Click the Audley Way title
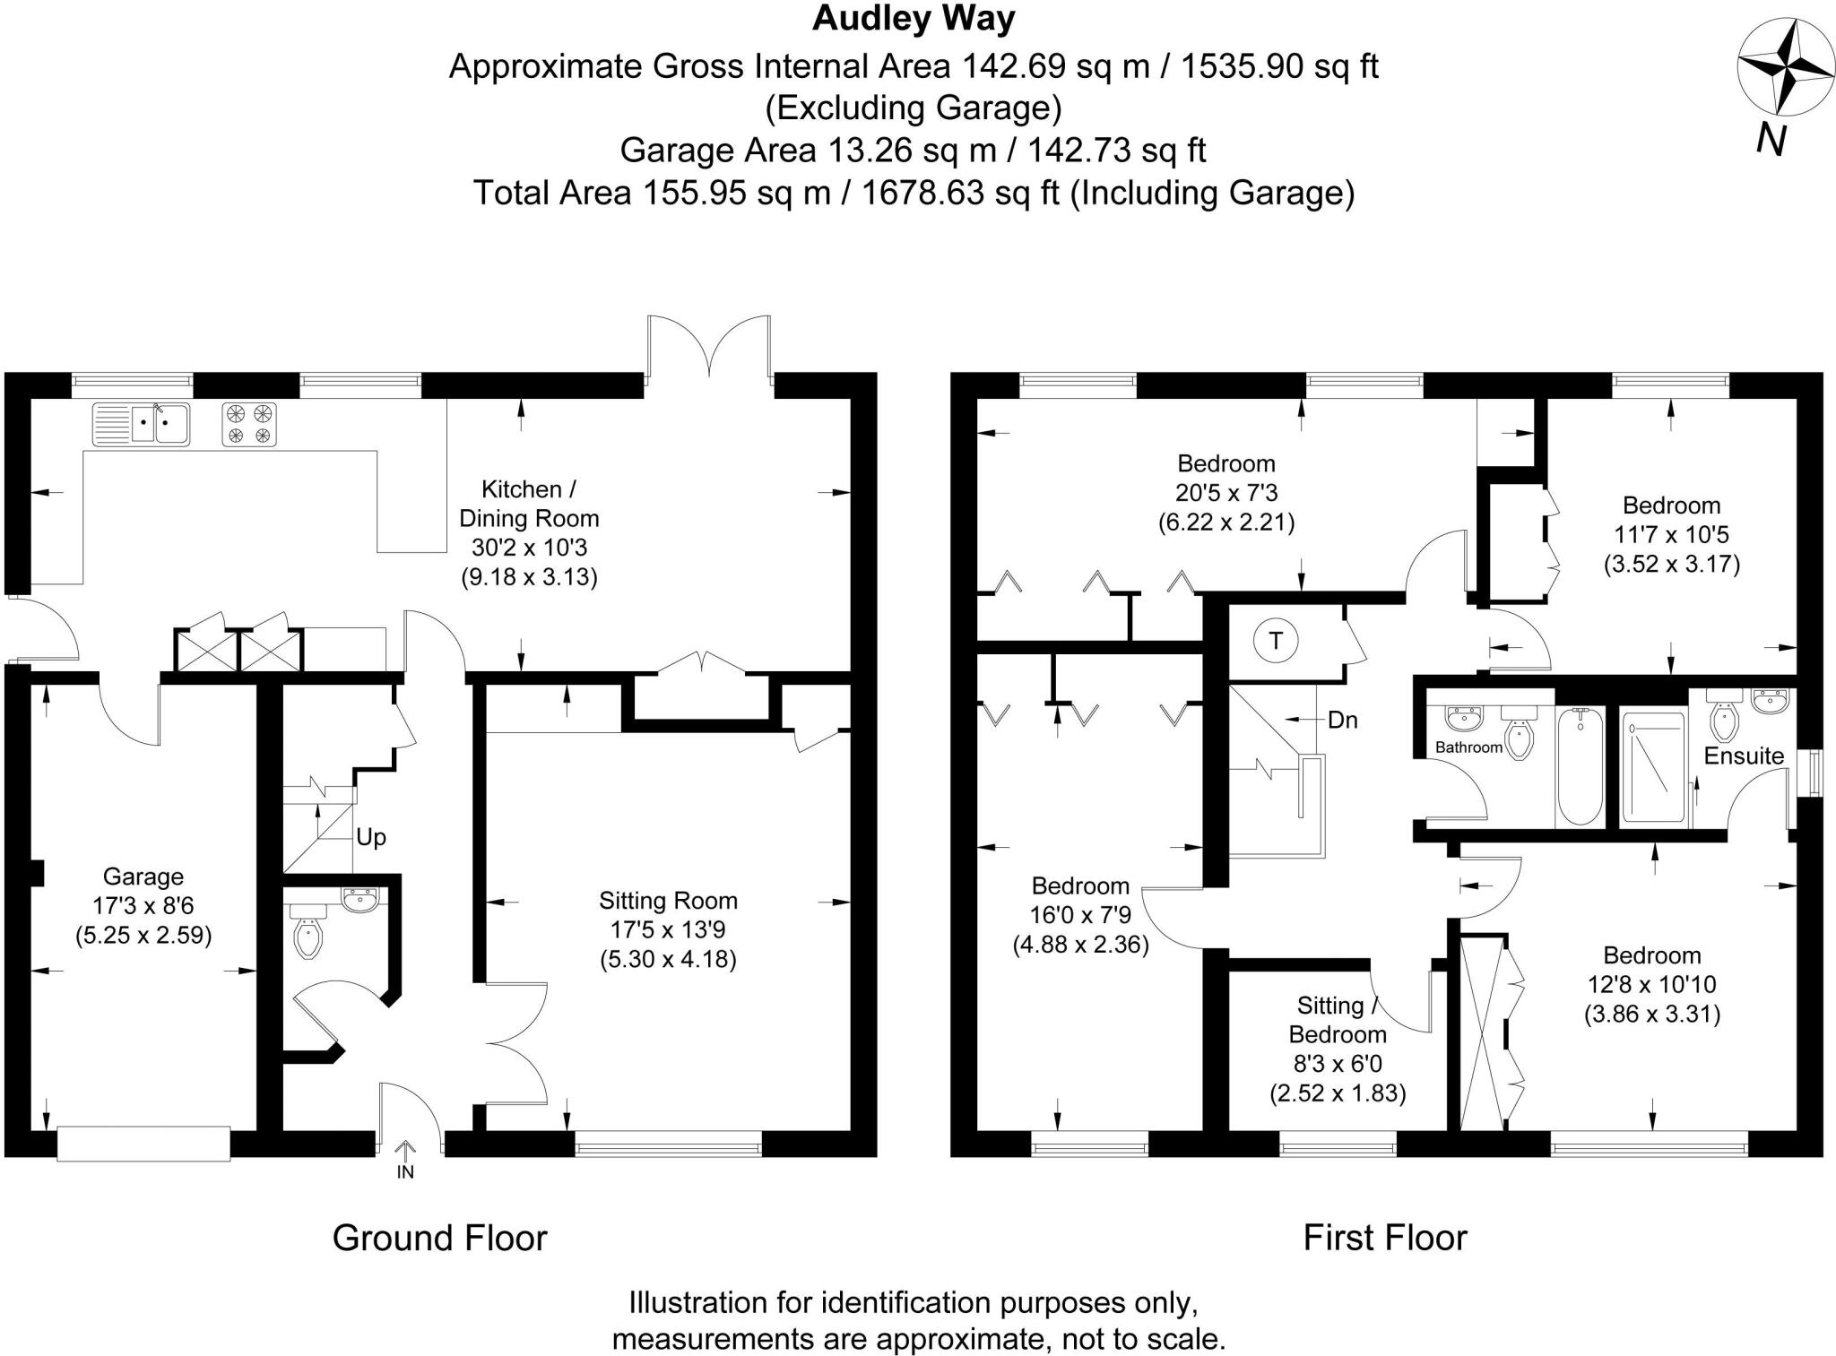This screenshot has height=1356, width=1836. tap(913, 19)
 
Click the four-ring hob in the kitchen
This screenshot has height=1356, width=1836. tap(249, 424)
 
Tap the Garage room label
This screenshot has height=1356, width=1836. tap(143, 877)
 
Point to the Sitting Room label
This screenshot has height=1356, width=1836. tap(668, 901)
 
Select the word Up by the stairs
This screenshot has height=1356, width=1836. tap(371, 837)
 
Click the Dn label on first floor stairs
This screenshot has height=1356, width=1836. tap(1342, 720)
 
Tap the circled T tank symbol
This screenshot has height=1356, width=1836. tap(1276, 641)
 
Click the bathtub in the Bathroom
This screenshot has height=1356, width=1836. tap(1580, 766)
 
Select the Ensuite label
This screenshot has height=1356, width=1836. tap(1743, 756)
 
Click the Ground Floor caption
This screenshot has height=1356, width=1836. tap(439, 1238)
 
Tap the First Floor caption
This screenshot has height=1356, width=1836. tap(1384, 1238)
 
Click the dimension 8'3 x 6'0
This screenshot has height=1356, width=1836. tap(1337, 1064)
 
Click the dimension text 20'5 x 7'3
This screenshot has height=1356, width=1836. tap(1225, 493)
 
